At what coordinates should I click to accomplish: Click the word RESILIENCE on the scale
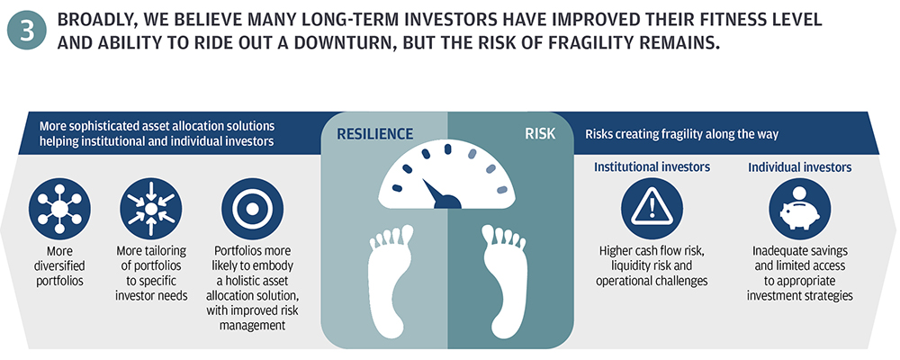click(374, 134)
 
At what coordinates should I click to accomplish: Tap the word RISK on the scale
click(540, 134)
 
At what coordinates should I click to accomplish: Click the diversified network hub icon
click(59, 209)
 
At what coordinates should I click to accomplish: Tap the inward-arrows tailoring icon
click(150, 209)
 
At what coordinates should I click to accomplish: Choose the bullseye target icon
click(253, 209)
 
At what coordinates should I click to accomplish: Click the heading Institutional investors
click(652, 167)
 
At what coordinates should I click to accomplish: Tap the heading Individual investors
click(799, 167)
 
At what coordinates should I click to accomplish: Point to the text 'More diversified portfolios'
click(60, 266)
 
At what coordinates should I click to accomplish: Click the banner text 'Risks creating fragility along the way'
click(682, 134)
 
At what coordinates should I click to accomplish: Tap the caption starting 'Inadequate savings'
click(799, 274)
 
